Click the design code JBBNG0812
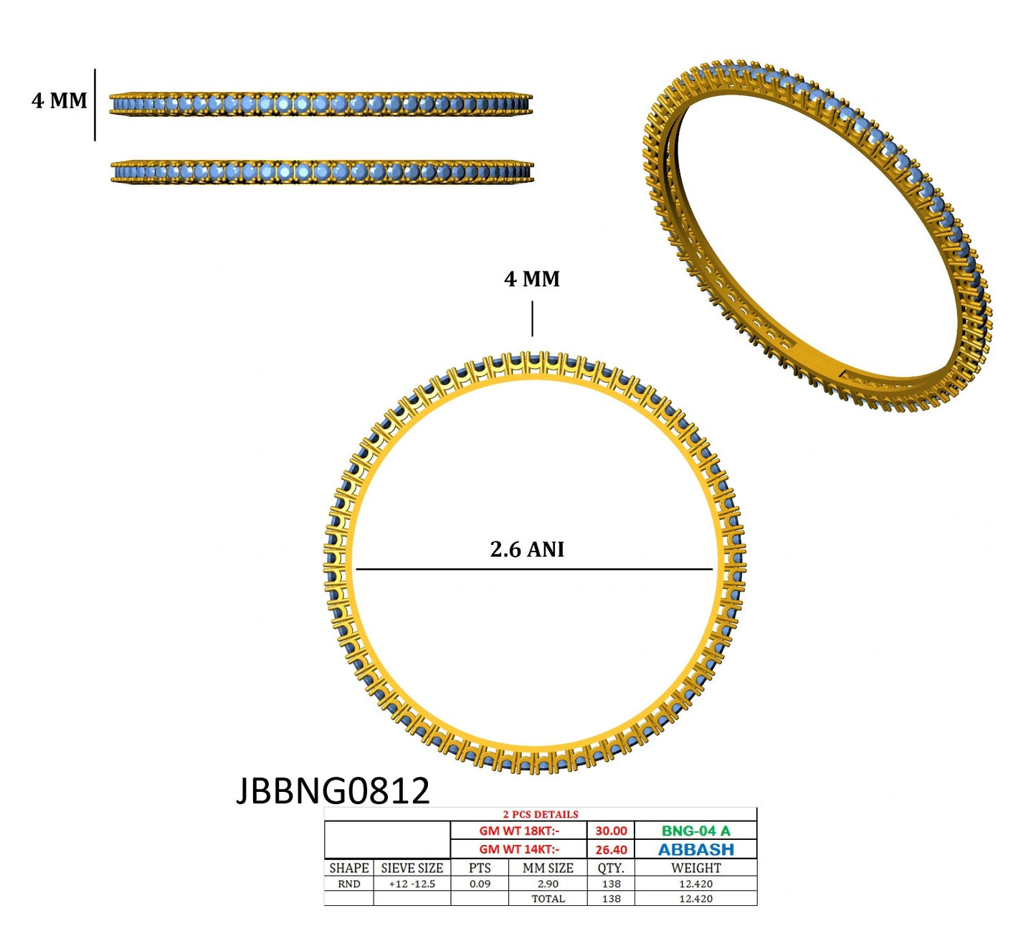click(333, 791)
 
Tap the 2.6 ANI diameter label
click(527, 549)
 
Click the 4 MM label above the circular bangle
click(532, 279)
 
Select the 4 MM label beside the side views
click(59, 100)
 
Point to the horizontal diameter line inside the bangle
click(534, 569)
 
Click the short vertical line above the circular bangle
click(532, 318)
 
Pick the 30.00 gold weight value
click(611, 831)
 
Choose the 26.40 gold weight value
click(611, 850)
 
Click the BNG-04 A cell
click(696, 831)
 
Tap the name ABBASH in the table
click(696, 850)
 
